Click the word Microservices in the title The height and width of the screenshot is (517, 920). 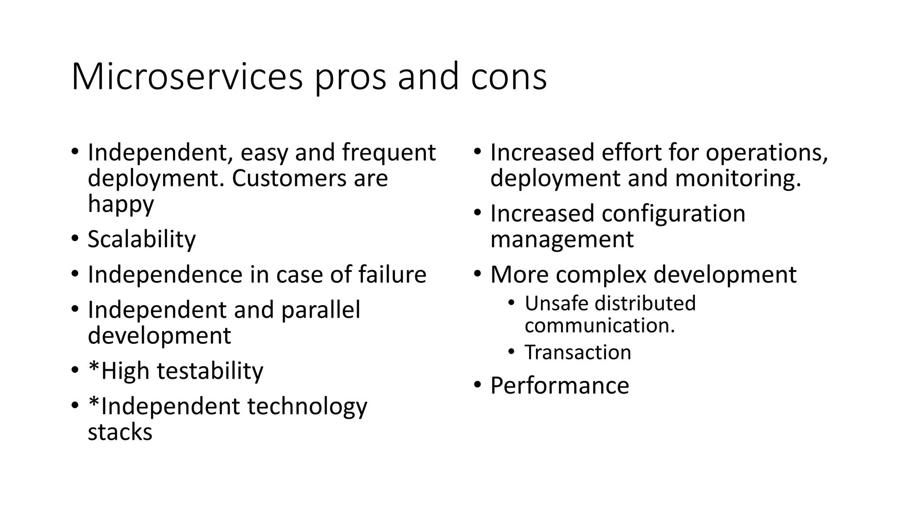(187, 77)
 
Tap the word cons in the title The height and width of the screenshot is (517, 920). (509, 77)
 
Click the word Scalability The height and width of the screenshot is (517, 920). (142, 239)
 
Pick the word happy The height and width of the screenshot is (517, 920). (120, 205)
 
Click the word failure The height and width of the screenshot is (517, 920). (392, 274)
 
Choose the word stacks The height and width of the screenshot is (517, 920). (120, 432)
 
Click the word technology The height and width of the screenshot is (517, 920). (307, 407)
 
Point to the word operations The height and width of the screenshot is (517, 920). (766, 153)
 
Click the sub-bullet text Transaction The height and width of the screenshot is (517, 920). (578, 352)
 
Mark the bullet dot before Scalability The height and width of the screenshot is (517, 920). (75, 238)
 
